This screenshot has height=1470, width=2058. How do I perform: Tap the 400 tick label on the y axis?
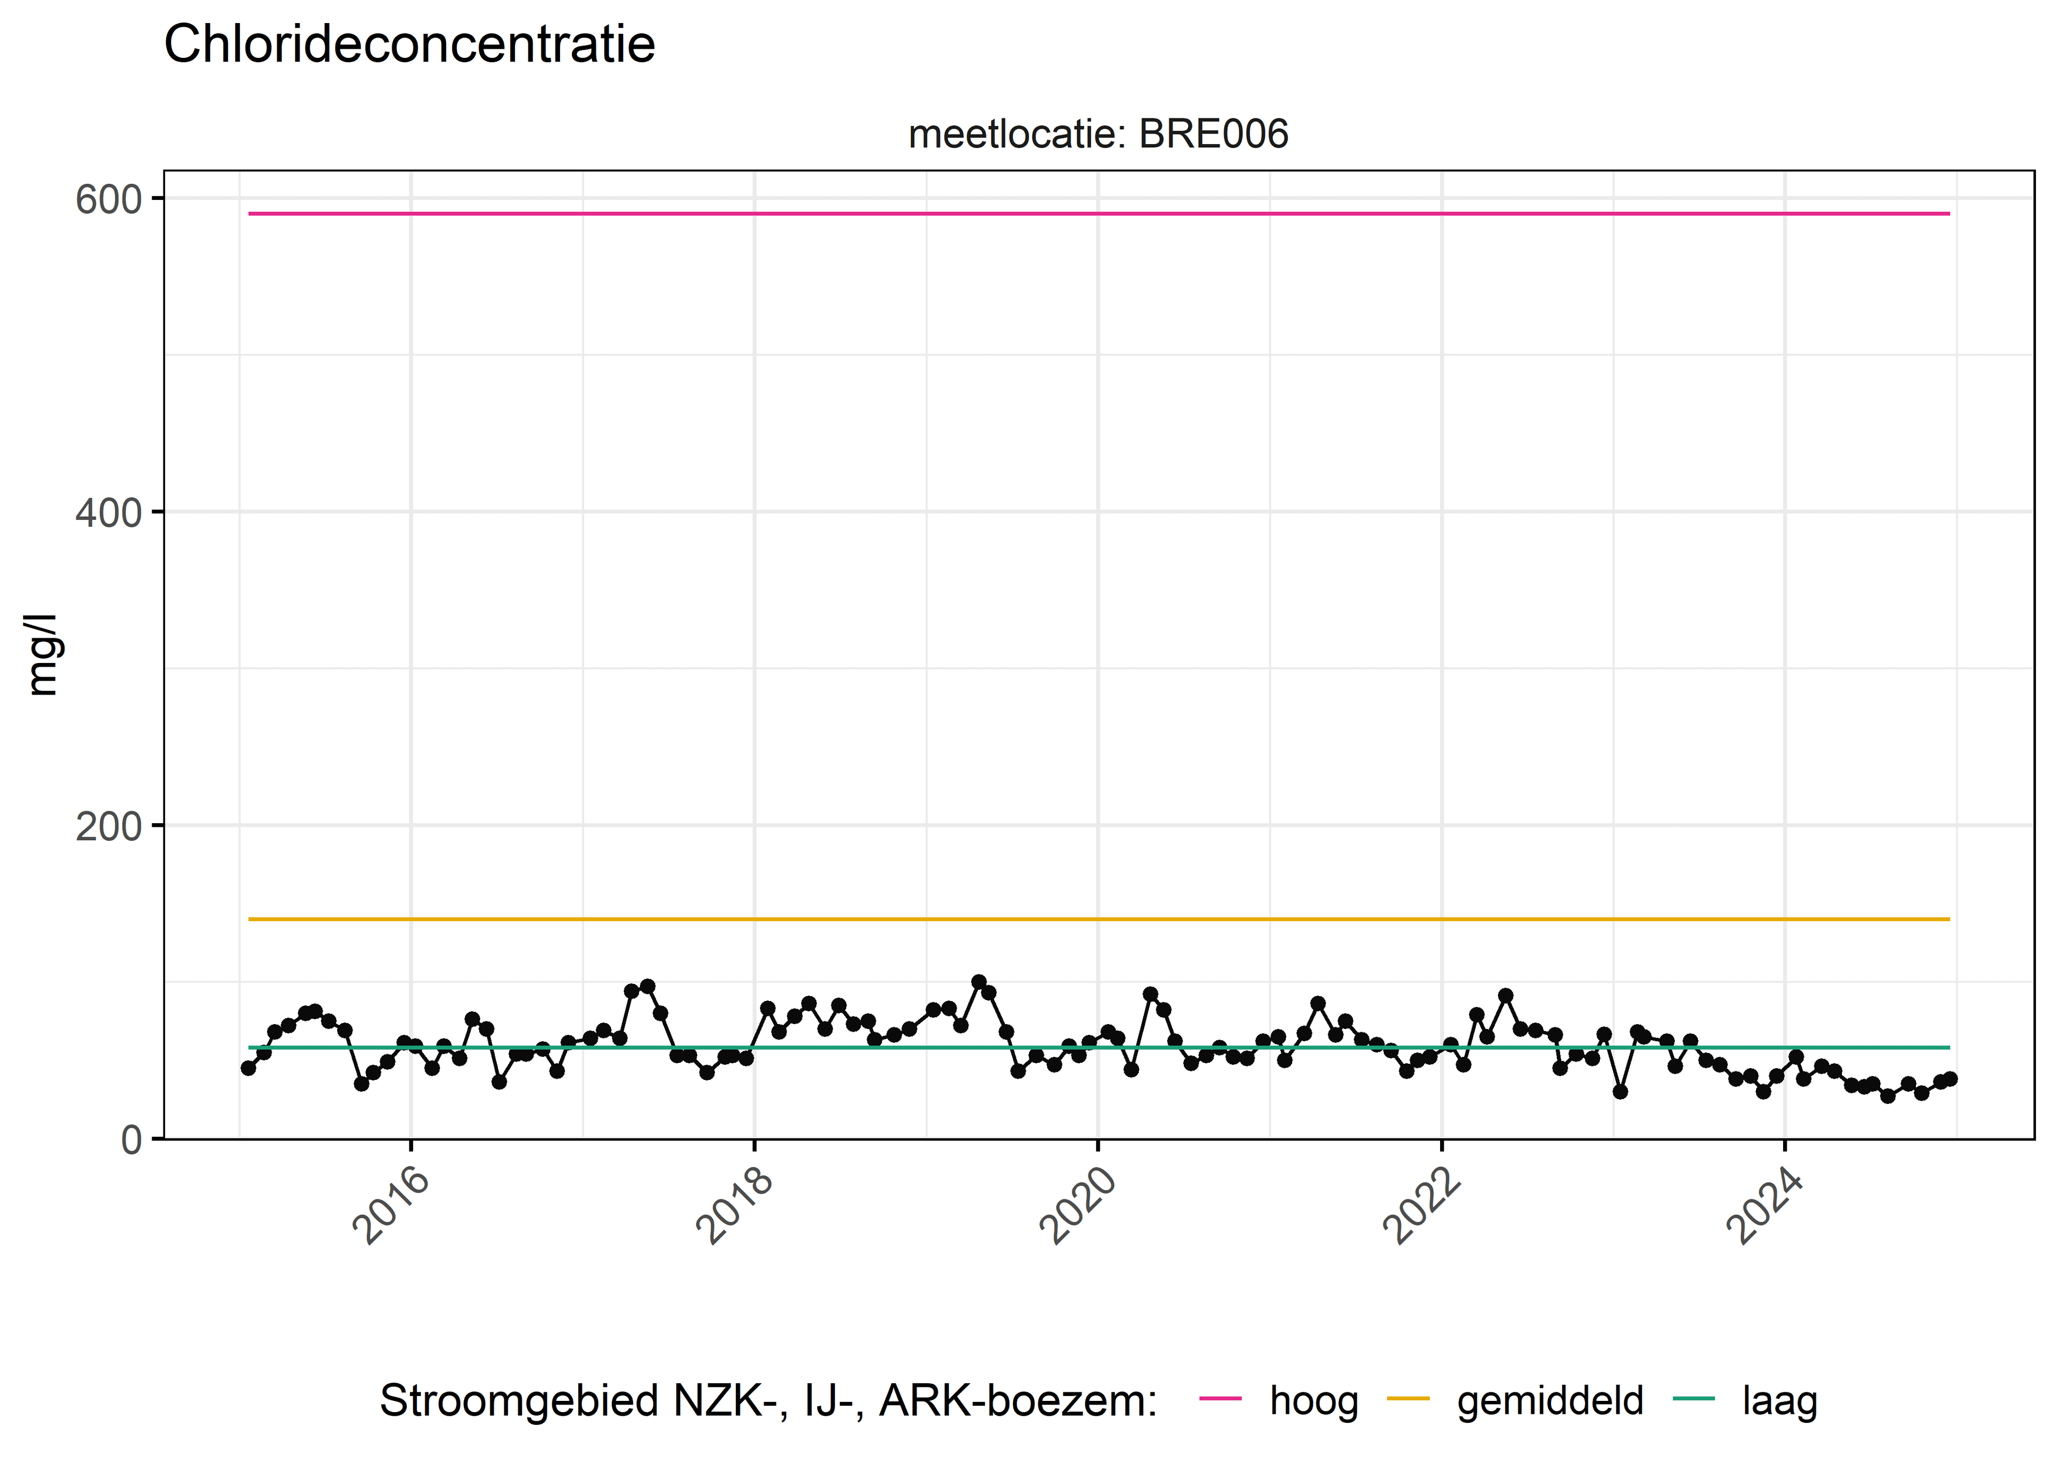coord(109,512)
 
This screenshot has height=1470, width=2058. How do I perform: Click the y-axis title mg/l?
coord(42,654)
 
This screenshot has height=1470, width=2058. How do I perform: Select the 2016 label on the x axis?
coord(391,1206)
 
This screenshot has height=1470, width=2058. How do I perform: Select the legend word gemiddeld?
coord(1550,1401)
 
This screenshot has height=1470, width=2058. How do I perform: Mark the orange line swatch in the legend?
coord(1408,1399)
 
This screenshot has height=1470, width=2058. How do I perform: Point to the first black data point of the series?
coord(249,1068)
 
